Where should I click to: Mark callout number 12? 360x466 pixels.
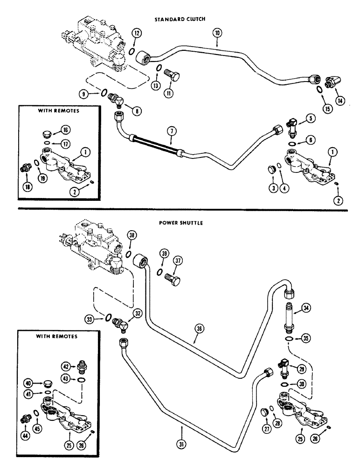136,34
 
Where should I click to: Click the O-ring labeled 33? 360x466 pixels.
109,318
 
